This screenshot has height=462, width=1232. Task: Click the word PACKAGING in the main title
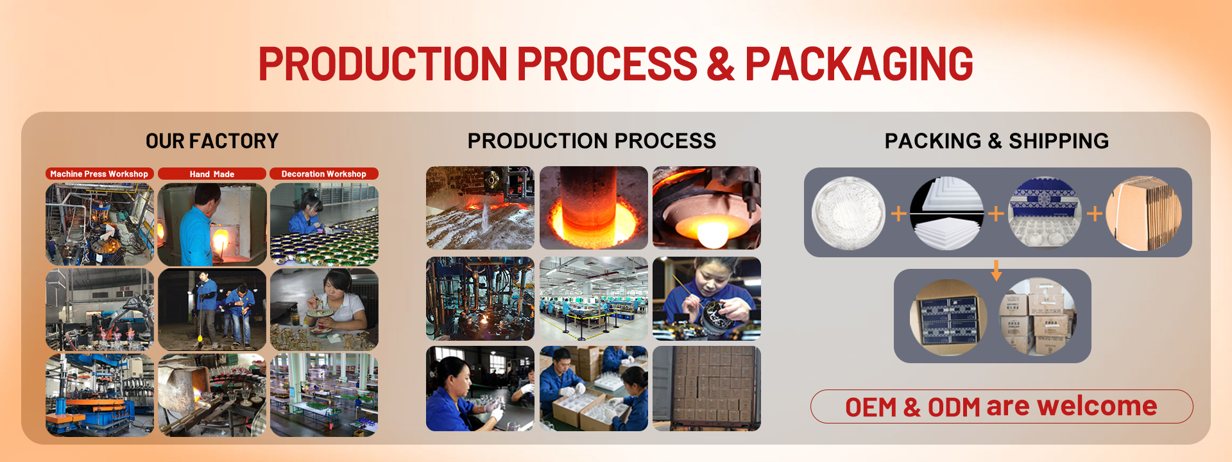[x=859, y=64]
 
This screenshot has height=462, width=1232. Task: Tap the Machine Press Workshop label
[x=99, y=174]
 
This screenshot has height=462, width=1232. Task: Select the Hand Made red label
[x=212, y=174]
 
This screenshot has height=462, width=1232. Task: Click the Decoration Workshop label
[x=323, y=174]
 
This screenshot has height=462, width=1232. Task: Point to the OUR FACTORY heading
[x=212, y=141]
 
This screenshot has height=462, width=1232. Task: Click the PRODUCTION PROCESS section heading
[x=592, y=141]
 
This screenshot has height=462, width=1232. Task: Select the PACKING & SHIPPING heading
[x=996, y=141]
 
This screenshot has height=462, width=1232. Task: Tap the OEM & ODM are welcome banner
[x=1001, y=406]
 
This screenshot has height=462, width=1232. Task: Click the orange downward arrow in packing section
[x=996, y=270]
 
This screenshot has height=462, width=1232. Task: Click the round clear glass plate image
[x=848, y=213]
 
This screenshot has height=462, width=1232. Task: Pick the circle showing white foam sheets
[x=946, y=213]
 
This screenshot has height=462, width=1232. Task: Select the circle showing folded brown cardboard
[x=1143, y=213]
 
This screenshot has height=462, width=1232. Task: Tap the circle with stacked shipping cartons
[x=1038, y=316]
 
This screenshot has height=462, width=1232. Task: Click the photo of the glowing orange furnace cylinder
[x=594, y=208]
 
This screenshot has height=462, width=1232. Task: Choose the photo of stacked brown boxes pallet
[x=706, y=388]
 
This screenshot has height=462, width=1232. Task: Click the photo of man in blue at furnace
[x=212, y=225]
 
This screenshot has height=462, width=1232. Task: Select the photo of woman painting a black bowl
[x=706, y=298]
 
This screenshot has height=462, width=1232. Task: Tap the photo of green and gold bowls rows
[x=324, y=225]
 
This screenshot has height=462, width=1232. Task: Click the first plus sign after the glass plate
[x=898, y=214]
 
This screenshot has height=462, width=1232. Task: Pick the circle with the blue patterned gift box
[x=1045, y=213]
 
